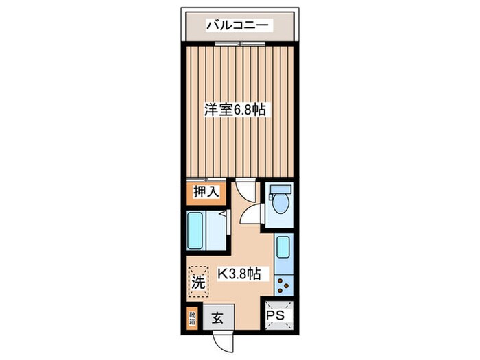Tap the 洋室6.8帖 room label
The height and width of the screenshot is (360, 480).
tap(235, 108)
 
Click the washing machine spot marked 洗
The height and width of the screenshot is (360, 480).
tap(197, 280)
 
